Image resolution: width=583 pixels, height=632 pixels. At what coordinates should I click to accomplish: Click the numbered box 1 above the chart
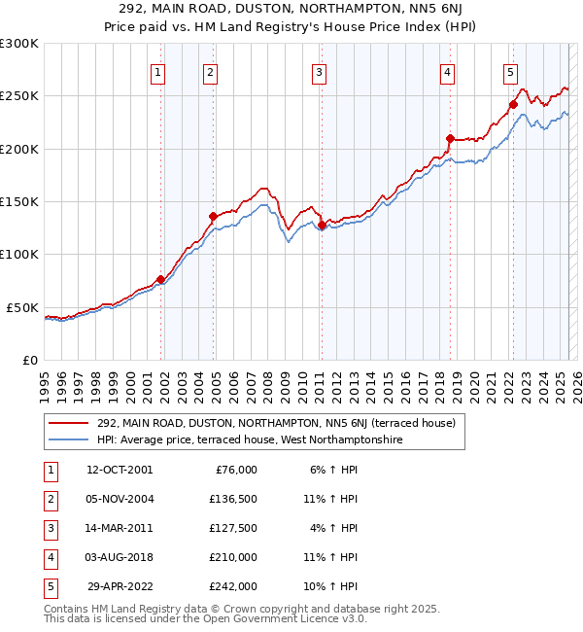[157, 71]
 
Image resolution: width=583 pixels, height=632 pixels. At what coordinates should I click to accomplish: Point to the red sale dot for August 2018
[450, 138]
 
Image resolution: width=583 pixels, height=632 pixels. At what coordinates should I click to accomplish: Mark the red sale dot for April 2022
[513, 105]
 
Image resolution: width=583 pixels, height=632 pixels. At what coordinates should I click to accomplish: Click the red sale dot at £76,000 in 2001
[160, 280]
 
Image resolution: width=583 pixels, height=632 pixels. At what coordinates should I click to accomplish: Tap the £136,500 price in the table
[233, 499]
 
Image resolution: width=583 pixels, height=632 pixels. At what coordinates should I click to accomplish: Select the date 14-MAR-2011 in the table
[120, 528]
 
